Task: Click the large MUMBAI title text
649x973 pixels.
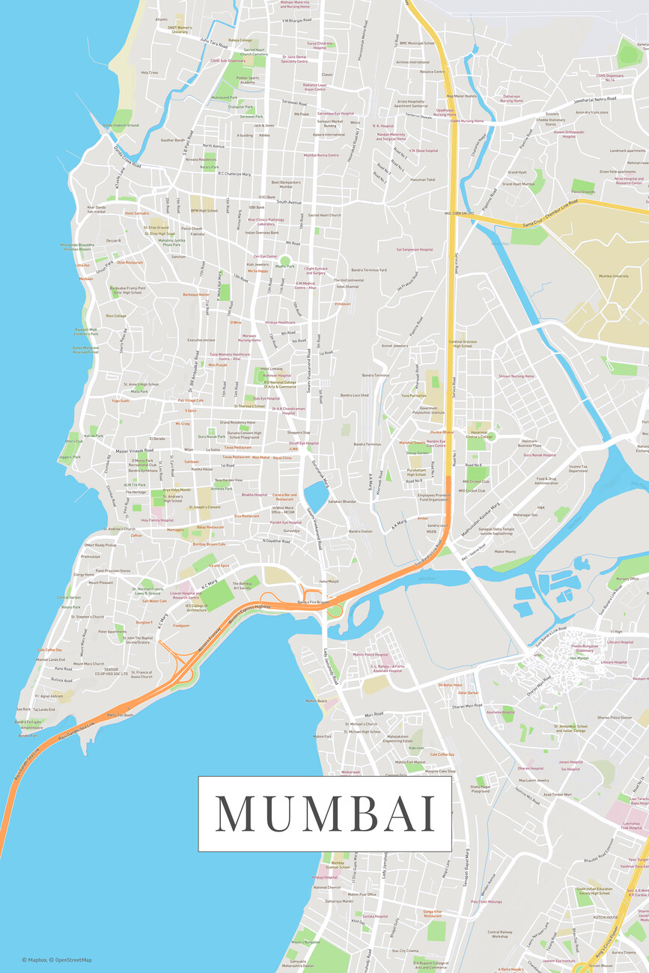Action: click(325, 814)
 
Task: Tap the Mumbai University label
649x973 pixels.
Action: click(613, 276)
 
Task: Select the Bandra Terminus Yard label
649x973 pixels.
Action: click(371, 269)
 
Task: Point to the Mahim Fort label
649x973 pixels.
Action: click(322, 736)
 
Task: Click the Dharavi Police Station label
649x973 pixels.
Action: click(615, 718)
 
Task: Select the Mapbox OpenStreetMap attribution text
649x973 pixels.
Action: click(57, 960)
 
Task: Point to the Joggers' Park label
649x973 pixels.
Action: click(70, 457)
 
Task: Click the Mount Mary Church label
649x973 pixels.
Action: click(89, 664)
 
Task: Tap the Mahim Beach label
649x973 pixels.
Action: click(317, 701)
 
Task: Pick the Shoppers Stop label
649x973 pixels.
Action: click(298, 433)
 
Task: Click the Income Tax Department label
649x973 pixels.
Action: click(578, 469)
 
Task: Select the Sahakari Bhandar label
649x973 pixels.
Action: click(341, 501)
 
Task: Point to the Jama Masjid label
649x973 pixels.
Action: click(329, 581)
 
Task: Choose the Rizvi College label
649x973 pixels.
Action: click(116, 316)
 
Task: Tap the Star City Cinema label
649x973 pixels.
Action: click(404, 951)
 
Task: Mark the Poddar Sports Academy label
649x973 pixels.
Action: click(249, 80)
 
